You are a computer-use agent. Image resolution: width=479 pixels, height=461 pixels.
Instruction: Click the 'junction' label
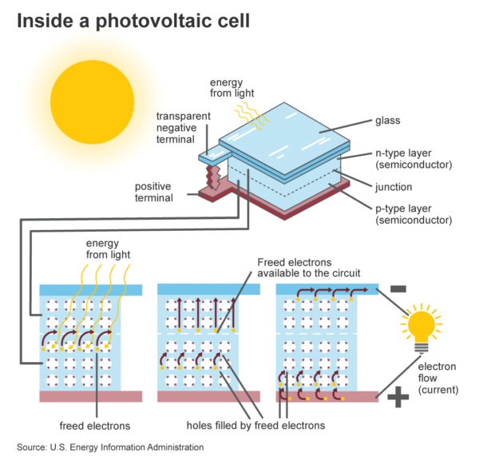coord(394,188)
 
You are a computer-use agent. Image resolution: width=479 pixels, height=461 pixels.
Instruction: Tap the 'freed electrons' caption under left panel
coord(94,426)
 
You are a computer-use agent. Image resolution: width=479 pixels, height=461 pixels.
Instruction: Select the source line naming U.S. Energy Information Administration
coord(110,447)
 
